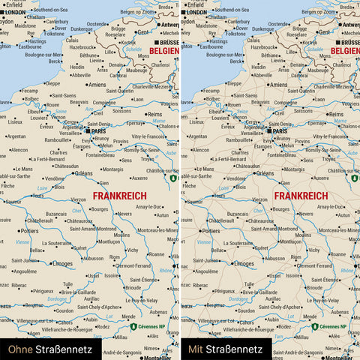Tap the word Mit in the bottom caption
coord(195,349)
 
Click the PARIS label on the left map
coord(99,131)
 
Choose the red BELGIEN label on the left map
coord(163,51)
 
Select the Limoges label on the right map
coord(247,264)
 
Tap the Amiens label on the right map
coord(277,85)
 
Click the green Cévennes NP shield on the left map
coord(133,327)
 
